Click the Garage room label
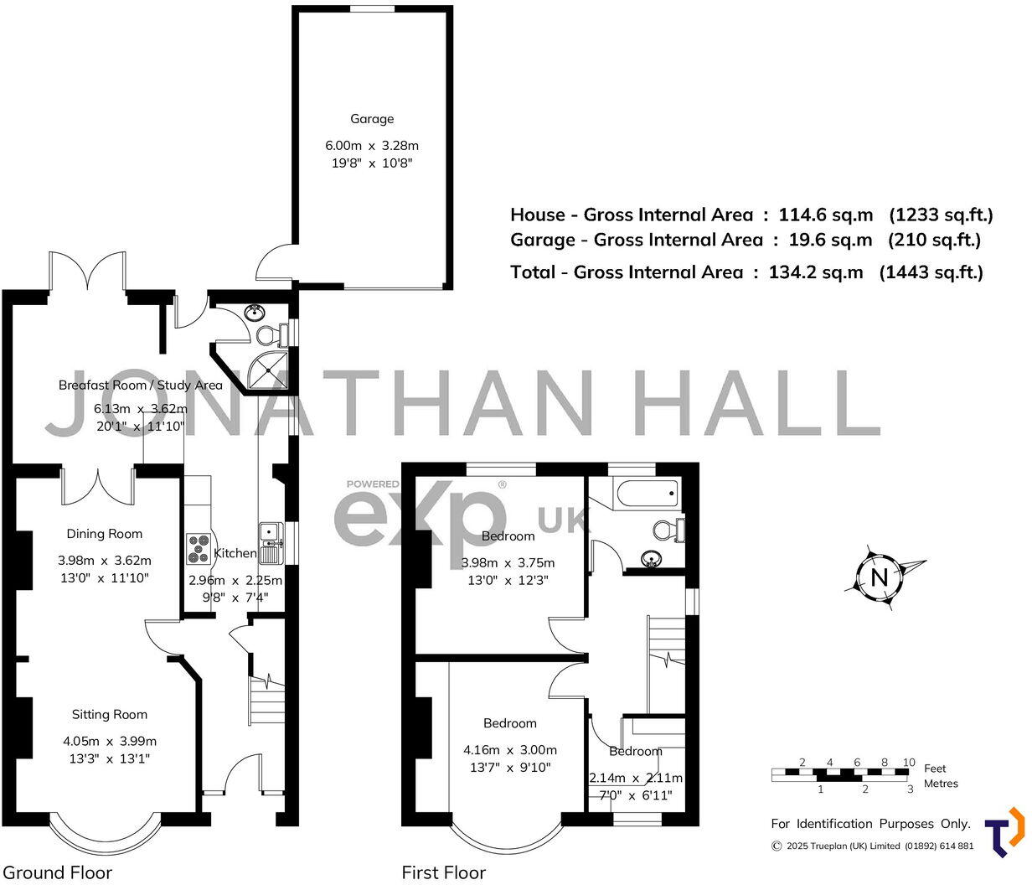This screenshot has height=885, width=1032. coord(371,119)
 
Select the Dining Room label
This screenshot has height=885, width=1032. coord(105,534)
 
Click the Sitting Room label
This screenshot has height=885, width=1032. coord(109,715)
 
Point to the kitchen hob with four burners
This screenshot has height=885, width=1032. coord(199,549)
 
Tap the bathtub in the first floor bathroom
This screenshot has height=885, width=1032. coord(645,494)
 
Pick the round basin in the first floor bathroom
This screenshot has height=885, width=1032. coord(650,558)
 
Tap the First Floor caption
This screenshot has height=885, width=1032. coord(443,872)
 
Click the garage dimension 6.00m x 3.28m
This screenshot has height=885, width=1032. coord(371,146)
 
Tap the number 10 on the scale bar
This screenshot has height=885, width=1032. coord(908,762)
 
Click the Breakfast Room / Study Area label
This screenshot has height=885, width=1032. coord(140,385)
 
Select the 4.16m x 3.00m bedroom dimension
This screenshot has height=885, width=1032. coord(509,750)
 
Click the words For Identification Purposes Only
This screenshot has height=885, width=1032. coord(870,824)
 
